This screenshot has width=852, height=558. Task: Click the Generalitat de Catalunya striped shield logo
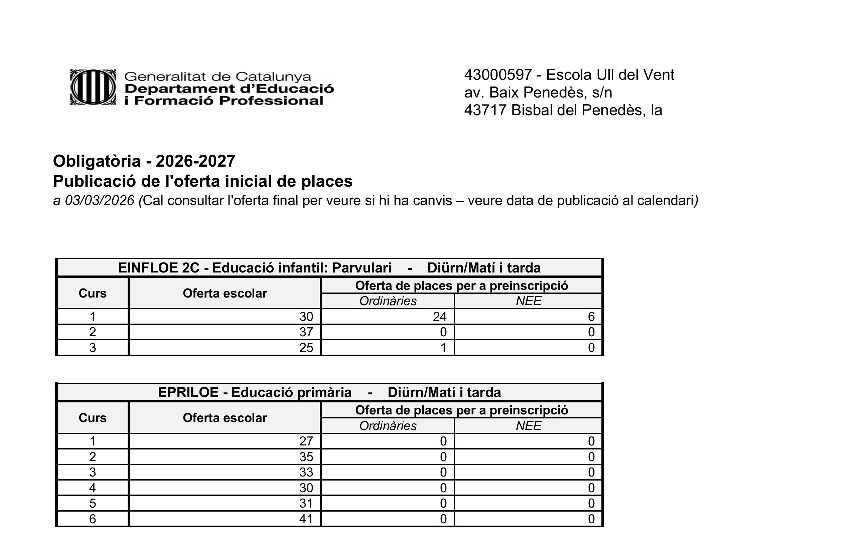tap(93, 87)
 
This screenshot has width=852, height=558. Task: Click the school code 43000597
tap(498, 75)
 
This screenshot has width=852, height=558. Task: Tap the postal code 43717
tap(485, 110)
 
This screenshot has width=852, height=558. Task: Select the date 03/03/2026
tap(100, 201)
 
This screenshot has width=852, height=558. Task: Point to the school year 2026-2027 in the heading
tap(195, 161)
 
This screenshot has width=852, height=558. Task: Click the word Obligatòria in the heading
tap(97, 161)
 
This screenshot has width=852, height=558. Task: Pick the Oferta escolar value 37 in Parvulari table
tap(306, 332)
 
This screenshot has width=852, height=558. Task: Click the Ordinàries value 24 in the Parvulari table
tap(440, 317)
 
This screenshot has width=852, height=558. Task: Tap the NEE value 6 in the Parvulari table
tap(591, 317)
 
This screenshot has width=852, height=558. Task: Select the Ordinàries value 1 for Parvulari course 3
tap(443, 348)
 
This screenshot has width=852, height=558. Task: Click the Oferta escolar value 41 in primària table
tap(306, 519)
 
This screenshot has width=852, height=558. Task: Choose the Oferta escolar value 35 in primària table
tap(306, 457)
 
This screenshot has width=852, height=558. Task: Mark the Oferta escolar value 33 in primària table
tap(306, 472)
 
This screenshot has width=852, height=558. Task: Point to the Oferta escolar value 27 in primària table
tap(306, 441)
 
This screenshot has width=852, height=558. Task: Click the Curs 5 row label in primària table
tap(92, 503)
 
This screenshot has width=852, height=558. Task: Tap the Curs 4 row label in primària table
tap(92, 488)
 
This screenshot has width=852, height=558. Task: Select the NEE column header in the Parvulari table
tap(528, 301)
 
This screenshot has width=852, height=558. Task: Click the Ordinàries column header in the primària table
tap(388, 426)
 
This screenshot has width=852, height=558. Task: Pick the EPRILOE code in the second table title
tap(188, 392)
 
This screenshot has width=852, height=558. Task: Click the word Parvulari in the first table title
tap(362, 268)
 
